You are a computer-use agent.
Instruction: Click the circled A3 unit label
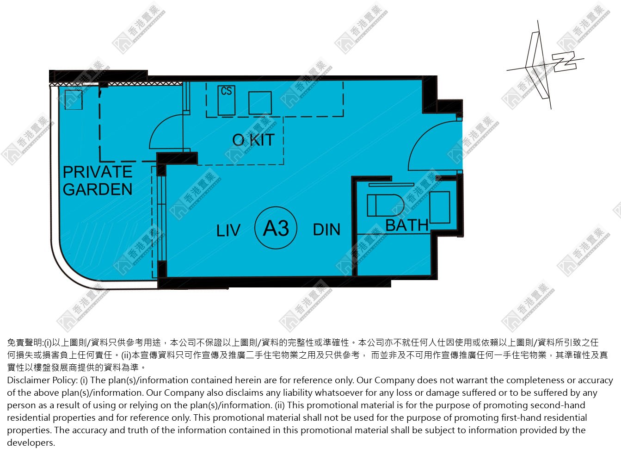coord(276,228)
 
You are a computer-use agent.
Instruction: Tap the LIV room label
coord(228,231)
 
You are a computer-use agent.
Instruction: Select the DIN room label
coord(326,230)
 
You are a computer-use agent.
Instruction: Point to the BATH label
coord(407,225)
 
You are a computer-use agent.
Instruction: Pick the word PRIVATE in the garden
coord(98,172)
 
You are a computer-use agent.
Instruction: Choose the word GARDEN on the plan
coord(98,189)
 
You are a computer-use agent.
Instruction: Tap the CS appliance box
coord(227,100)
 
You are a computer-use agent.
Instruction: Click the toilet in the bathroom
coord(385,206)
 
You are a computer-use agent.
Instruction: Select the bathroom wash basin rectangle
coord(440,207)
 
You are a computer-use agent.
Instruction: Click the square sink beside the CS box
coord(260,103)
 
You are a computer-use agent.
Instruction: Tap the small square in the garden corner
coord(74,100)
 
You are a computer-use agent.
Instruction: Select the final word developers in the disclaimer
coord(31,443)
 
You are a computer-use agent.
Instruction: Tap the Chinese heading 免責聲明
coord(25,343)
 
